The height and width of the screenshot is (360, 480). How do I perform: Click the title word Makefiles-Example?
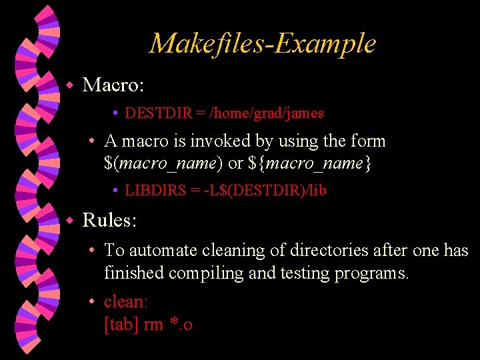263,44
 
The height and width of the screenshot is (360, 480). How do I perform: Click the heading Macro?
113,85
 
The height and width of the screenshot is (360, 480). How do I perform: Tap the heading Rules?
111,219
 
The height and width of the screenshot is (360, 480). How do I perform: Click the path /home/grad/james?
267,113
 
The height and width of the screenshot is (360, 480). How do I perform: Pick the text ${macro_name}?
305,163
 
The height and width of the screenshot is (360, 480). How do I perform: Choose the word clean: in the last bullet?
126,302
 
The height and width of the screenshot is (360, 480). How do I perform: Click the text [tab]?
121,325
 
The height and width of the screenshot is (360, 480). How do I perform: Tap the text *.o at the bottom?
181,325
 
